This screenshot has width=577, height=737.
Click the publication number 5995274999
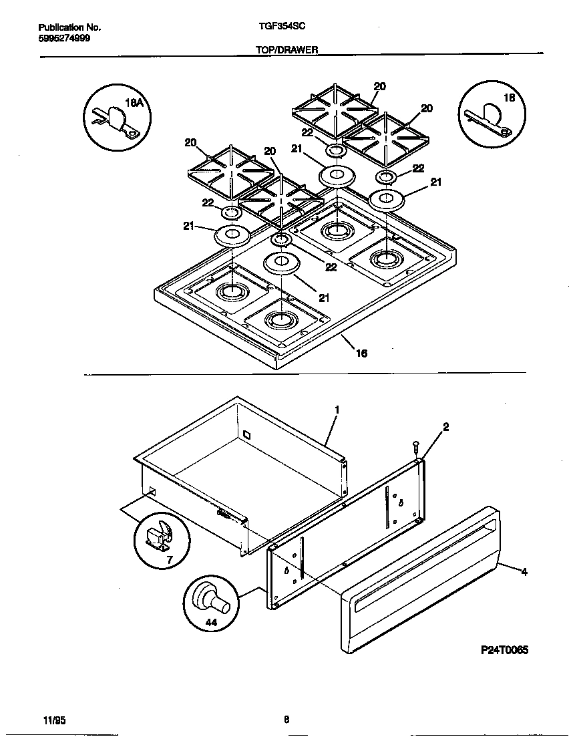pyautogui.click(x=64, y=38)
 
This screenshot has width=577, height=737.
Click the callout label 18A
pyautogui.click(x=135, y=104)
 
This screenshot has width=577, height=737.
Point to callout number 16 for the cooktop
pyautogui.click(x=361, y=353)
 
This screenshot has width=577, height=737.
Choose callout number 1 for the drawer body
pyautogui.click(x=337, y=409)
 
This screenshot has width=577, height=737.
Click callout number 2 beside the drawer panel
pyautogui.click(x=445, y=426)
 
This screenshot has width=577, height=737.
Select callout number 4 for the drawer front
pyautogui.click(x=524, y=571)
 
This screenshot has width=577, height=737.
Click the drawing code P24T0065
pyautogui.click(x=504, y=649)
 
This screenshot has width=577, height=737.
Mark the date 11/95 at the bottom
pyautogui.click(x=53, y=720)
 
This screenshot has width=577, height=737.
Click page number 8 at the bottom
pyautogui.click(x=286, y=720)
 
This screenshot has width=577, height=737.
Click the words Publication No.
pyautogui.click(x=69, y=27)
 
